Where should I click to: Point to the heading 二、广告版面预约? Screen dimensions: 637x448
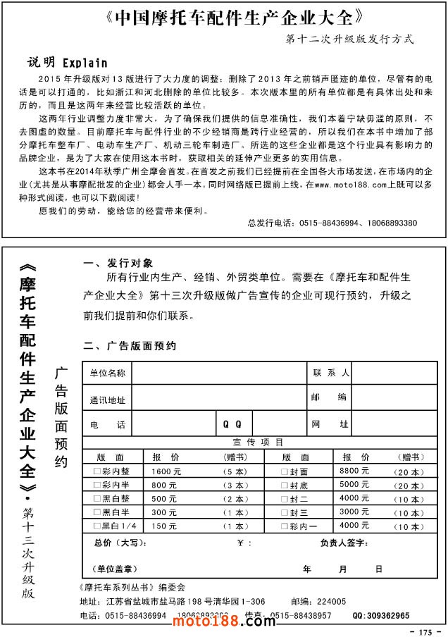[x=132, y=346]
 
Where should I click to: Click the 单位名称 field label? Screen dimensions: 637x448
[x=107, y=373]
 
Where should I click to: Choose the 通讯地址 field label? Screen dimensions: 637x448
[x=107, y=400]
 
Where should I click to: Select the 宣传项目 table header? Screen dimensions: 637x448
[x=259, y=443]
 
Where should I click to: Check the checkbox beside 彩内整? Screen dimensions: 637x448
[x=97, y=471]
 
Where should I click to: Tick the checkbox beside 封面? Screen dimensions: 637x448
[x=285, y=471]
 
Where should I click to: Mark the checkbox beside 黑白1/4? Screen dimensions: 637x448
[x=97, y=526]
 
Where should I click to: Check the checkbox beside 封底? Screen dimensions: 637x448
[x=285, y=485]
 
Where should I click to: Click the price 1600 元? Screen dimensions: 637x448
[x=166, y=471]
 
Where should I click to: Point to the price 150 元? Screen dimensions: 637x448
[x=164, y=526]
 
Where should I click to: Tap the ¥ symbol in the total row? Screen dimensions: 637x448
[x=240, y=543]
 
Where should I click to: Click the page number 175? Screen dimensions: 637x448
[x=424, y=631]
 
